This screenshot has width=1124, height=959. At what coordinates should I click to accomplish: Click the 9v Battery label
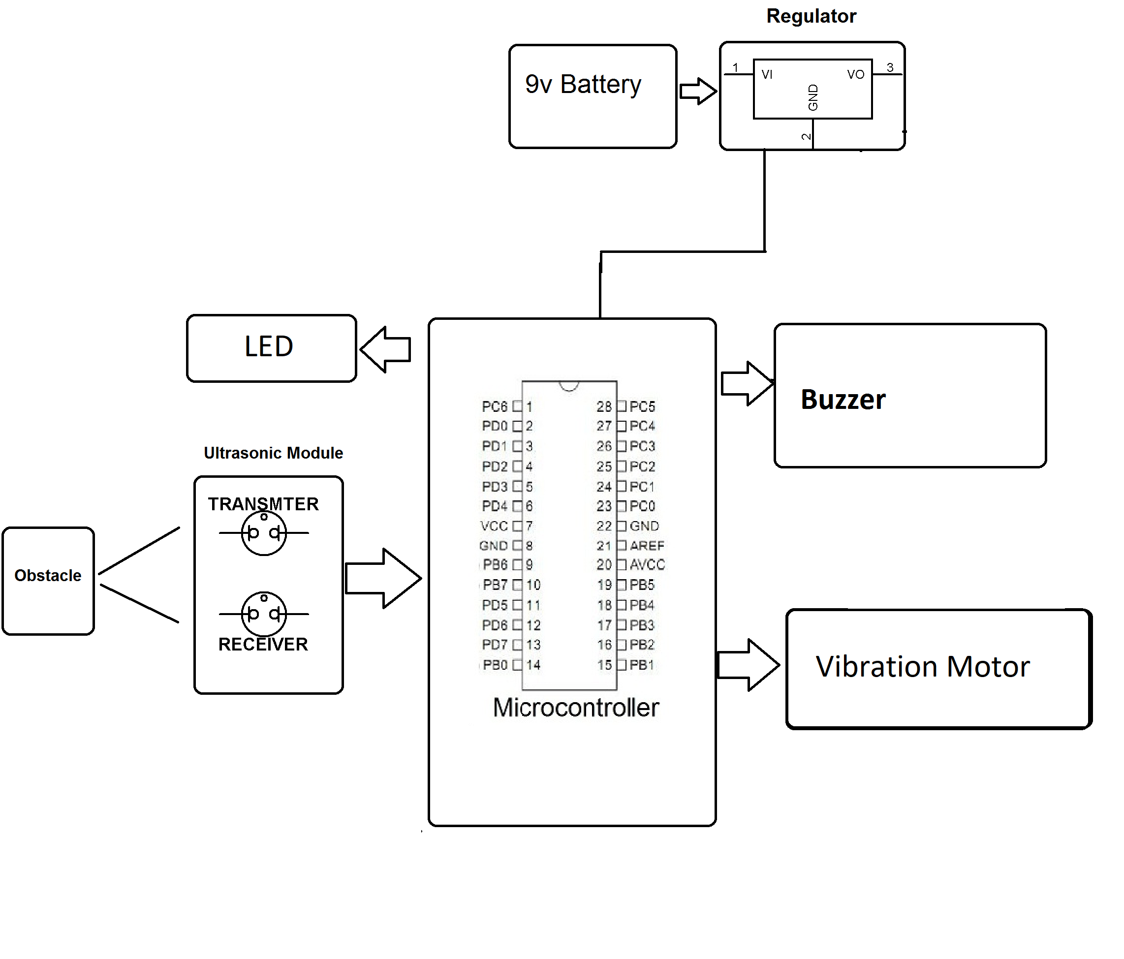583,85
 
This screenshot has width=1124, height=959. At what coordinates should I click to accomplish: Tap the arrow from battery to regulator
698,91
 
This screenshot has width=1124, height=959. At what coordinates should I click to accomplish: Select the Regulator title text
811,16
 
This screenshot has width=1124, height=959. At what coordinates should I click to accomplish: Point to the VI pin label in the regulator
767,75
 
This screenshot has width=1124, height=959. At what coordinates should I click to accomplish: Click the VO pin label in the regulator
855,75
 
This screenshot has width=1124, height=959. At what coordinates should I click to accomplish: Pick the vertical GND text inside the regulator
812,97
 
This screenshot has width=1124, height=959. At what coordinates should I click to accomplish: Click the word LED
269,346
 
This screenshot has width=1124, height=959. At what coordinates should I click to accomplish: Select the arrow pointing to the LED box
386,349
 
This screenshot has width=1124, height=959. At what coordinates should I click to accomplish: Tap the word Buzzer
843,400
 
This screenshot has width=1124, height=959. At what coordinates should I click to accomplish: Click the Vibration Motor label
922,667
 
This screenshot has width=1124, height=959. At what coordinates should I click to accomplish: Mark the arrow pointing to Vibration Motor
749,665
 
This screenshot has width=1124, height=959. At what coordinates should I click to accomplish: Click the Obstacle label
48,576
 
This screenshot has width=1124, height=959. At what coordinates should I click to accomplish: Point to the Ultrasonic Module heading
274,453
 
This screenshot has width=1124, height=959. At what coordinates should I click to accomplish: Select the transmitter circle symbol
264,533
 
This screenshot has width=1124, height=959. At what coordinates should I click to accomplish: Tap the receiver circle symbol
264,614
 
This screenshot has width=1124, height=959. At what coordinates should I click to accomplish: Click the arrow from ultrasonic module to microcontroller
383,578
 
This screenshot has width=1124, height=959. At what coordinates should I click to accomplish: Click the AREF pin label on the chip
647,546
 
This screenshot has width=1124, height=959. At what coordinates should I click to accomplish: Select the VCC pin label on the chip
494,526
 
